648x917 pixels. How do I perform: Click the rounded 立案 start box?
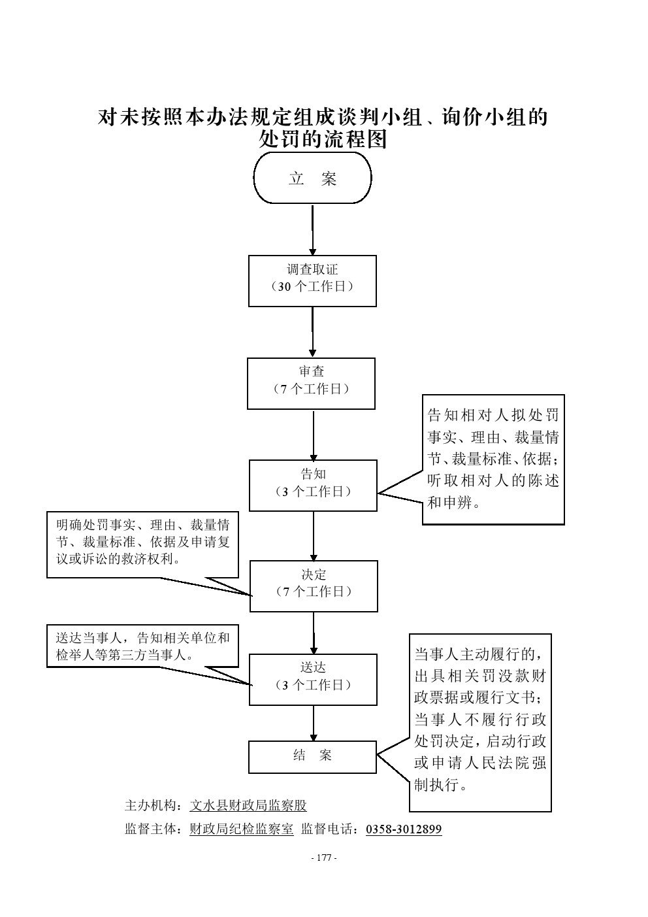coord(312,178)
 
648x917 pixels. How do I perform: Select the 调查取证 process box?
coord(312,280)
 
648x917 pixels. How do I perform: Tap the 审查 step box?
coord(311,383)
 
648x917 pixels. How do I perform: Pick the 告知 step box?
coord(313,485)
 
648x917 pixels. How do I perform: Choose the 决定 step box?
coord(314,586)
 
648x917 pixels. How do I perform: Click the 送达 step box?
coord(313,679)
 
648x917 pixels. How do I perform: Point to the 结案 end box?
coord(312,757)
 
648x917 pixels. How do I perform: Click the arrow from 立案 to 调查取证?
coord(313,230)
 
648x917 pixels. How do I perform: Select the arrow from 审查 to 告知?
coord(314,435)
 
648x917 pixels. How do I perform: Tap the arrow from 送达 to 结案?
coord(314,723)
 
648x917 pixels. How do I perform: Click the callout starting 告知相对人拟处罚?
coord(493,459)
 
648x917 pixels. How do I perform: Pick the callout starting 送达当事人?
coord(142,647)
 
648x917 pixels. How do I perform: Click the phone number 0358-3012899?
coord(404,829)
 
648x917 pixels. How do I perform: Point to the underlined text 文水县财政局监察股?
coord(248,806)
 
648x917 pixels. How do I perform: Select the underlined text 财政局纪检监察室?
coord(241,829)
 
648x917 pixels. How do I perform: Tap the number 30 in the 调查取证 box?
coord(284,287)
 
